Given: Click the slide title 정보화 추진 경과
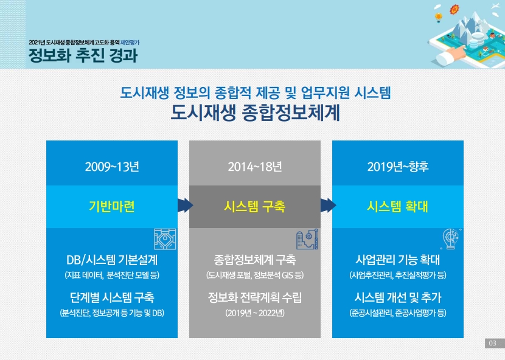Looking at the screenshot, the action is point(83,55).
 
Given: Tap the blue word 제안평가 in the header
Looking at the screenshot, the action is point(130,43).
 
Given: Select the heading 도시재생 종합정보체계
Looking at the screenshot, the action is point(255,112).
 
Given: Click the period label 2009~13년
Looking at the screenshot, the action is point(112,167).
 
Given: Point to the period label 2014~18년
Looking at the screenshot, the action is point(255,167).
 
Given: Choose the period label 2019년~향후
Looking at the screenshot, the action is point(398,167).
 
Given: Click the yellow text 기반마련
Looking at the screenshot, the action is point(112,206).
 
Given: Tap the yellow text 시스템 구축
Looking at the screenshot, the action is point(255,206).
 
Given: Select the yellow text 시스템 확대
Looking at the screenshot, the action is point(398,206).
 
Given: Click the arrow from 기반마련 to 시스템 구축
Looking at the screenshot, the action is point(185,206).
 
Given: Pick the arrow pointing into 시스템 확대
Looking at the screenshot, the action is point(328,206).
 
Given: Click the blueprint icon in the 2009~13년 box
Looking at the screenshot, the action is point(165,239).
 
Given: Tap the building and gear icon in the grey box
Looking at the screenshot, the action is point(307,239).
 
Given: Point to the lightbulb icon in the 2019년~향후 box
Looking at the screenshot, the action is point(451,239).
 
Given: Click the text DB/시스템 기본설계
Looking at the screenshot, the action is point(112,260).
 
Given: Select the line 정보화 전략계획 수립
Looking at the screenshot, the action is point(255,297).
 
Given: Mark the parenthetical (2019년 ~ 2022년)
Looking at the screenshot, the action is point(255,313).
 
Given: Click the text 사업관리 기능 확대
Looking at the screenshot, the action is point(398,260).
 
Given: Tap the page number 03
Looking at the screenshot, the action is point(492,343).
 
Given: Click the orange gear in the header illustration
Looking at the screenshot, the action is point(454,9).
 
